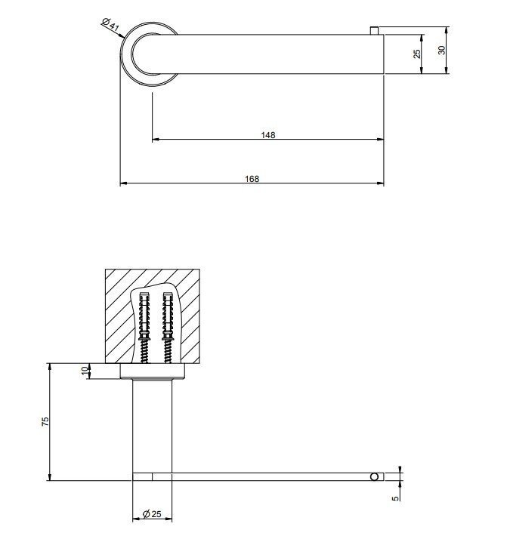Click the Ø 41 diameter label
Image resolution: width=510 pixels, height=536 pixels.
click(110, 24)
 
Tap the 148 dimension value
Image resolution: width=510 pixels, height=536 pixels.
click(267, 135)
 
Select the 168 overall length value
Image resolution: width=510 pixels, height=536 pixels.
click(252, 179)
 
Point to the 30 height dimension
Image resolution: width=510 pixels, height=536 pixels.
click(442, 50)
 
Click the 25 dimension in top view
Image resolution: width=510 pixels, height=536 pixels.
click(417, 54)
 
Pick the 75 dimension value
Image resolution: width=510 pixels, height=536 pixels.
click(45, 421)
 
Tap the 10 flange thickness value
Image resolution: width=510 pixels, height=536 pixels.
click(85, 371)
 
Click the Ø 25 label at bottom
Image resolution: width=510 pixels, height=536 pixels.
click(152, 514)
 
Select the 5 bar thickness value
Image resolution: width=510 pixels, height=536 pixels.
click(395, 498)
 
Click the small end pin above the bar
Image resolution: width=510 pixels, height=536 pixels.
click(374, 30)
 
